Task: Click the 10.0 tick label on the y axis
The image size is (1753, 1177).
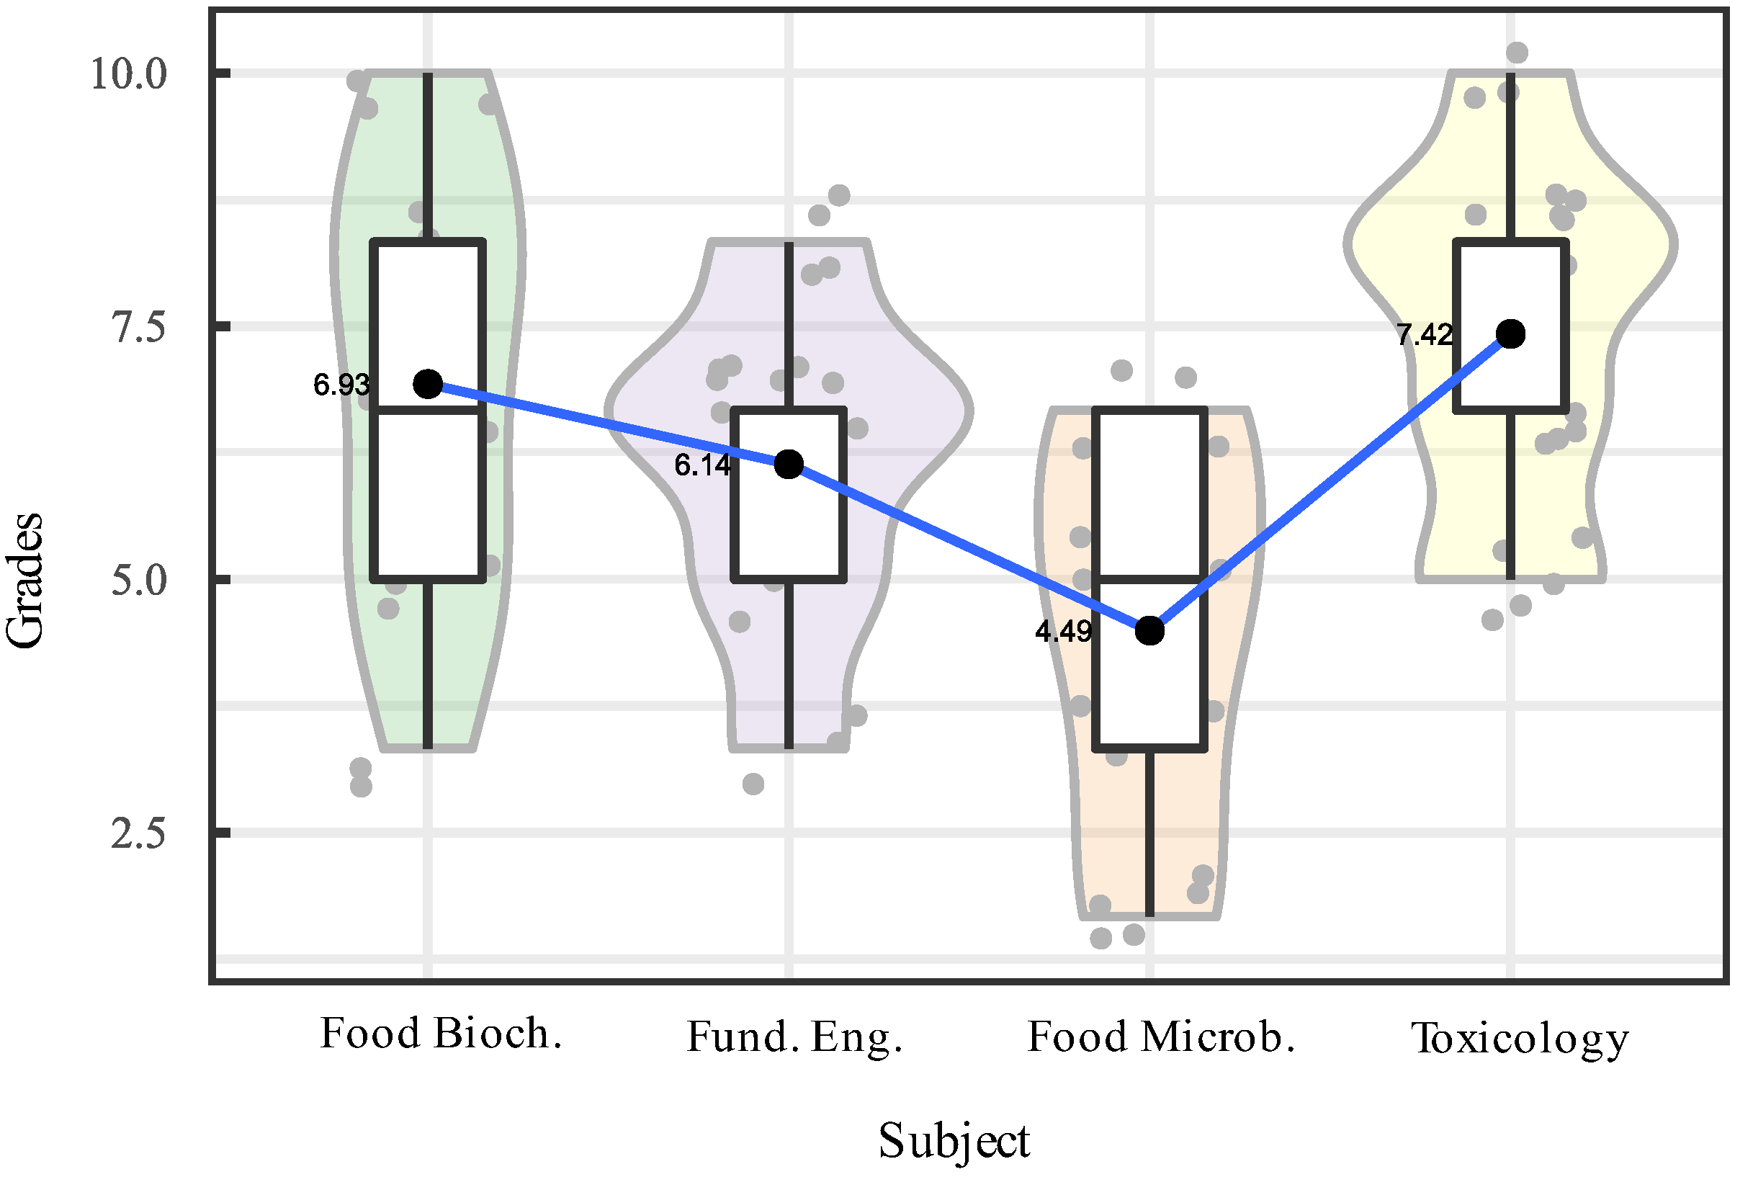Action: (128, 73)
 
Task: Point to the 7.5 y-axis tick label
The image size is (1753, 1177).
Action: (139, 327)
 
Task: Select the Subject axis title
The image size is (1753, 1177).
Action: (954, 1142)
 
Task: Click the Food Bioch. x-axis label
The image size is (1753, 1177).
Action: (441, 1034)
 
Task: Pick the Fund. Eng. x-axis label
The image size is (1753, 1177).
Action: (794, 1037)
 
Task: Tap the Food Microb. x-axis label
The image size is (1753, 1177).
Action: (1160, 1037)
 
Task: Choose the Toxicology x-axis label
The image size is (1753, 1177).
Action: (1520, 1039)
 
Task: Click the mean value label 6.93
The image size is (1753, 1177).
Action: (341, 385)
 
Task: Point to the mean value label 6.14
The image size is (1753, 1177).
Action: (702, 465)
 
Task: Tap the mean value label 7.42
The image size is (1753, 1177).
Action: (1425, 335)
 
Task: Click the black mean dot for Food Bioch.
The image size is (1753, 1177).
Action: (429, 385)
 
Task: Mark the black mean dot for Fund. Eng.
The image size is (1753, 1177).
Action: (789, 465)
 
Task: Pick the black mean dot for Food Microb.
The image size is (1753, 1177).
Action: (1149, 630)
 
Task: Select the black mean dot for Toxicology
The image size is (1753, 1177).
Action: (1510, 334)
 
